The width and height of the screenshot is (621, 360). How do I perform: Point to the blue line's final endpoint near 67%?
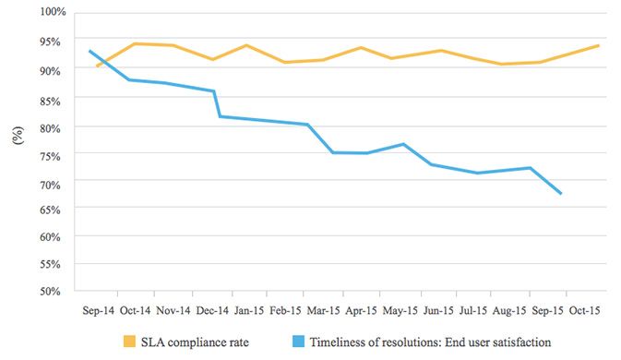click(x=561, y=193)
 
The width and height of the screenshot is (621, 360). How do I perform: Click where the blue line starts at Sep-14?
click(x=89, y=51)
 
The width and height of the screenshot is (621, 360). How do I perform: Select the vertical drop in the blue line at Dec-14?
click(x=217, y=103)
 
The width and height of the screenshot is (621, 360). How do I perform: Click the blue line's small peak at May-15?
click(x=403, y=144)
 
